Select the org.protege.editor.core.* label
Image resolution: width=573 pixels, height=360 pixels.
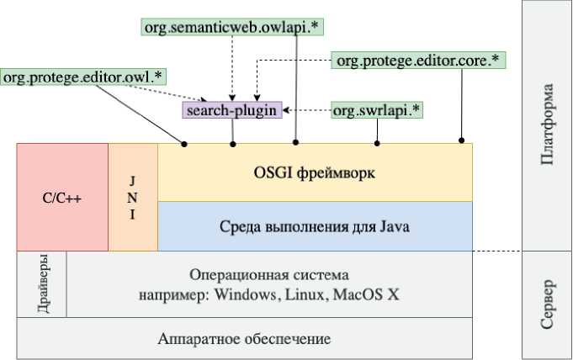pyautogui.click(x=418, y=61)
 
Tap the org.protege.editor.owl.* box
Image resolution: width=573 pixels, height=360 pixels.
pyautogui.click(x=83, y=77)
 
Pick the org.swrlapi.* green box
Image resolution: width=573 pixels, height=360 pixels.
pyautogui.click(x=378, y=110)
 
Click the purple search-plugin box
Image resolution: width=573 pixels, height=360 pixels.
pyautogui.click(x=231, y=110)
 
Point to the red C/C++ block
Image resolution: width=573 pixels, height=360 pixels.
pyautogui.click(x=61, y=199)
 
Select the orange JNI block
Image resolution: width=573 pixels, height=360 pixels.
pyautogui.click(x=132, y=199)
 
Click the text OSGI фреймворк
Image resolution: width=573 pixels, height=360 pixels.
pyautogui.click(x=314, y=173)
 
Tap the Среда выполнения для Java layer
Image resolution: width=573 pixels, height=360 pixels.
pyautogui.click(x=314, y=226)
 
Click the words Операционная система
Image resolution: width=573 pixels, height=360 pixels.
pyautogui.click(x=268, y=276)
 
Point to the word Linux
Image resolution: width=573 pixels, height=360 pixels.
pyautogui.click(x=305, y=295)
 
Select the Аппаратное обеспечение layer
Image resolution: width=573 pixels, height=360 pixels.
pyautogui.click(x=244, y=339)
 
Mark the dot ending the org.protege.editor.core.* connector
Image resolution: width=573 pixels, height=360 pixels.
pyautogui.click(x=460, y=140)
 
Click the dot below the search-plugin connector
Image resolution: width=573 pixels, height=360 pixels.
pyautogui.click(x=233, y=144)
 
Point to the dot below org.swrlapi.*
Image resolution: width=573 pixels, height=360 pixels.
pyautogui.click(x=377, y=144)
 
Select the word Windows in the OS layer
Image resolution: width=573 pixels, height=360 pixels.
pyautogui.click(x=246, y=295)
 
